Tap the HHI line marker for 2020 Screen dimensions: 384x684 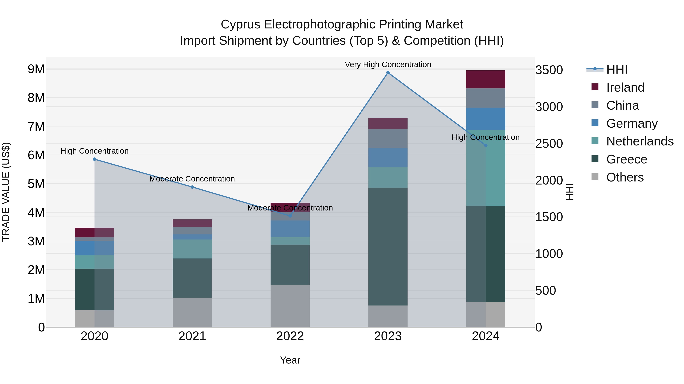pos(95,159)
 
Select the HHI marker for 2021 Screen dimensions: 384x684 pos(192,187)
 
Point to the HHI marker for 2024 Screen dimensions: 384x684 pos(486,145)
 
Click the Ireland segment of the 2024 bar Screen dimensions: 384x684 pos(486,79)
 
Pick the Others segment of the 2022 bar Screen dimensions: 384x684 pos(290,306)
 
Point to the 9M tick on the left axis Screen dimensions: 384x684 pos(36,69)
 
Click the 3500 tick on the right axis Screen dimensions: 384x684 pos(549,70)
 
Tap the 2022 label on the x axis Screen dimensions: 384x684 pos(290,336)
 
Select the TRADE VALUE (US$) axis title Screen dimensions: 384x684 pos(6,192)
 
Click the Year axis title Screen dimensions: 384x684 pos(290,360)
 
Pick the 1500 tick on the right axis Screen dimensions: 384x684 pos(549,217)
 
